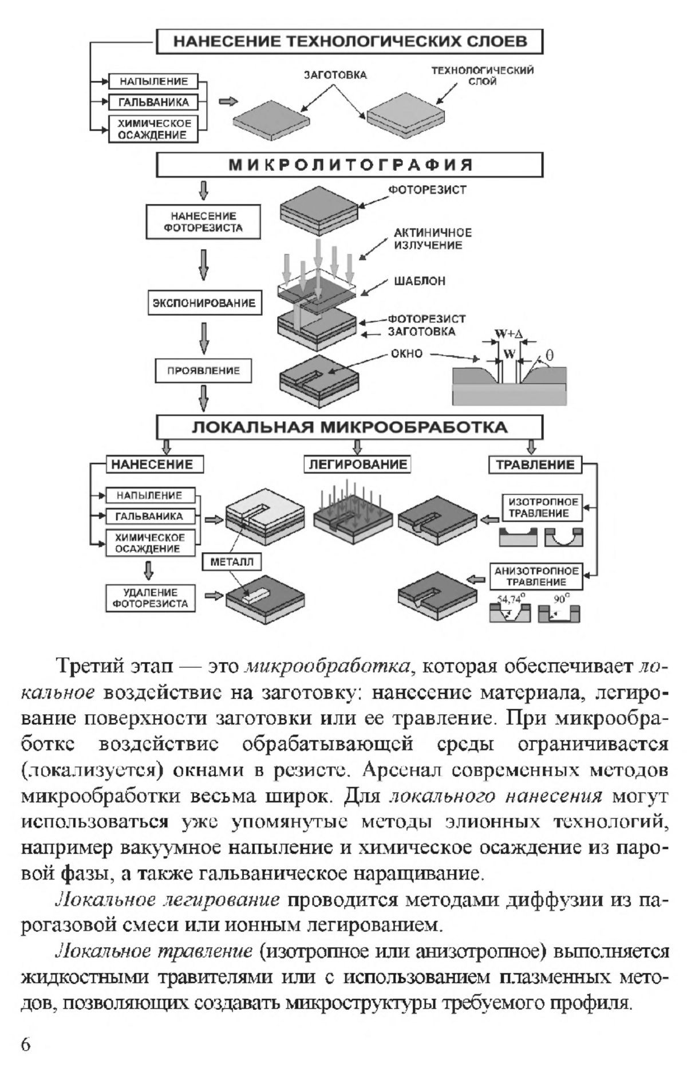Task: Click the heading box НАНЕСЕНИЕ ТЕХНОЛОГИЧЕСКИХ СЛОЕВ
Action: point(349,42)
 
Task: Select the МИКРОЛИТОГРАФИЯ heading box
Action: point(349,165)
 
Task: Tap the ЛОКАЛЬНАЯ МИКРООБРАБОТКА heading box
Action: point(349,427)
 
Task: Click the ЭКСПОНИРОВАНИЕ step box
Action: point(203,303)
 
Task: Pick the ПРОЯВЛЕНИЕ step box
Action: point(203,371)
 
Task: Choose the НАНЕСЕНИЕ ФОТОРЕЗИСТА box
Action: point(203,222)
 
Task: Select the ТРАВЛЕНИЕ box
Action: point(535,464)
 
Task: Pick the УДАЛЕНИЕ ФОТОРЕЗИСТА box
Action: point(151,598)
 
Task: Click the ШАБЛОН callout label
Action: point(420,281)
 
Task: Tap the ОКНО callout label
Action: point(406,353)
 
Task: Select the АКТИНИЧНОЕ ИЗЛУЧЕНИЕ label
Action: point(432,239)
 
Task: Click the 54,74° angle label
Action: point(511,600)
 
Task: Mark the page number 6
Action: point(26,1043)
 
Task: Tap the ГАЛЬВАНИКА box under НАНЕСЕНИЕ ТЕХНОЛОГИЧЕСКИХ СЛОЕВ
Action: point(153,103)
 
